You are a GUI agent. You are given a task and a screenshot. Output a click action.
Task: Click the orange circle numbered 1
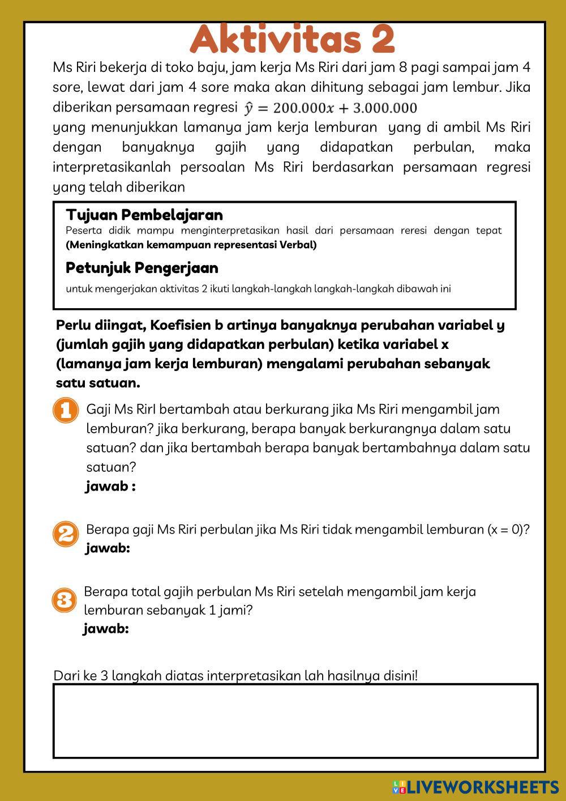click(66, 410)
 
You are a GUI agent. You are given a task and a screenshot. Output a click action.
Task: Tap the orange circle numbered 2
click(66, 534)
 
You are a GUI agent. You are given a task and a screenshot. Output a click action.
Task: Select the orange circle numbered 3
click(64, 599)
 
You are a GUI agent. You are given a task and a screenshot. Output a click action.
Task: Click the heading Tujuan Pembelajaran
click(144, 215)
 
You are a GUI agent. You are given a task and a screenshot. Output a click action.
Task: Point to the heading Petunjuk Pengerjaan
click(142, 267)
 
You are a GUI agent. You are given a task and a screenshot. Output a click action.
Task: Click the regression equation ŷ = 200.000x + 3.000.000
click(331, 108)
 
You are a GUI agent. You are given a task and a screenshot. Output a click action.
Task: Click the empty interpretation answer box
click(295, 721)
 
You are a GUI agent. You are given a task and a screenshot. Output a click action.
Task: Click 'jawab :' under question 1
click(111, 487)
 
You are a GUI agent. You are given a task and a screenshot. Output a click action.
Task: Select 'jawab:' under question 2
click(108, 548)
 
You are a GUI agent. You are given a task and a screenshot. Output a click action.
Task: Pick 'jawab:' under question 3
click(106, 629)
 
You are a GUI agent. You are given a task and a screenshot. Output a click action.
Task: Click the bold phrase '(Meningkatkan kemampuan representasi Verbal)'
click(191, 245)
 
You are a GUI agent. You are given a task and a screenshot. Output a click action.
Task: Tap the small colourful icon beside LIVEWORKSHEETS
click(399, 786)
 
